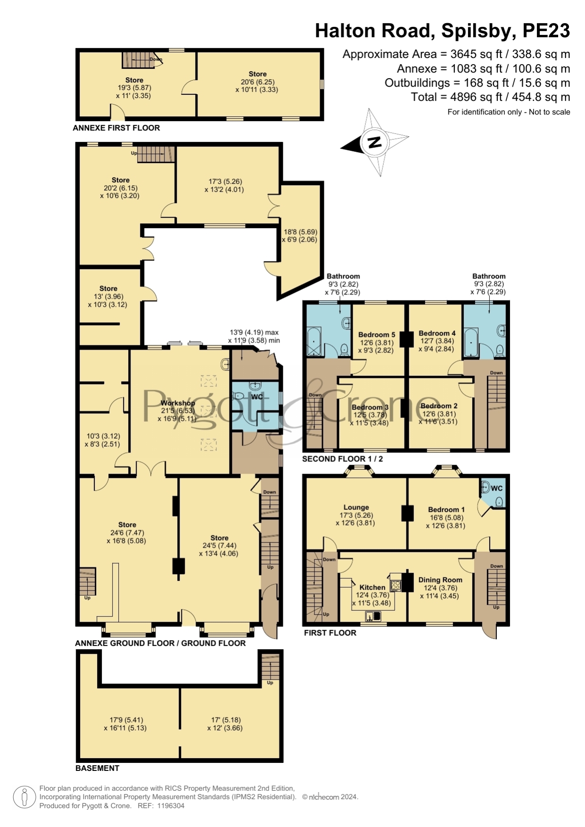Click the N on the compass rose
[375, 142]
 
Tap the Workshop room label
[178, 403]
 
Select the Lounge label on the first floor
[356, 508]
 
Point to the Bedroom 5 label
[377, 335]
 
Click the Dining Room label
[440, 580]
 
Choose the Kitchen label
[372, 587]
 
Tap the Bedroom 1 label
[446, 509]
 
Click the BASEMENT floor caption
[98, 768]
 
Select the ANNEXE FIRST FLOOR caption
[116, 128]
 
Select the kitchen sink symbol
[373, 616]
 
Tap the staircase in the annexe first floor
[139, 60]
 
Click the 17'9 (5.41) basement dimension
[126, 720]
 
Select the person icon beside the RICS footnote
[25, 797]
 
